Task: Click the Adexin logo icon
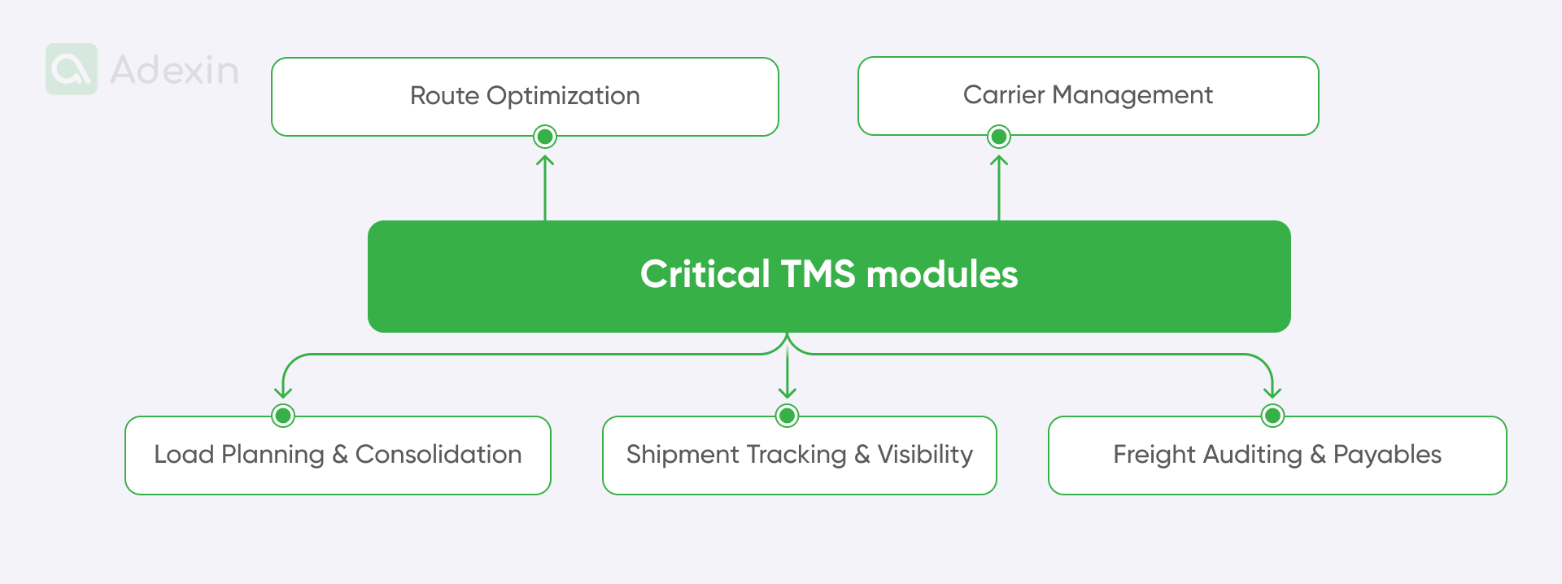pos(72,69)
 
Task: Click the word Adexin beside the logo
pos(174,70)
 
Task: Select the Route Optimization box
pos(525,96)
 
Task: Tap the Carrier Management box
pos(1088,95)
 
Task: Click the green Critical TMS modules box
pos(829,276)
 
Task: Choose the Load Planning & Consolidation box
pos(338,455)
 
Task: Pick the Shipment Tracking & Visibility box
pos(799,455)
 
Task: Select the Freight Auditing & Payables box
pos(1277,455)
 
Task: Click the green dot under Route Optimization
pos(545,137)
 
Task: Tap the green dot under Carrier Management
pos(999,137)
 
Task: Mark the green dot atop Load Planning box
pos(283,416)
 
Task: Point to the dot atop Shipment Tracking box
pos(787,416)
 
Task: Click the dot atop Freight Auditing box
pos(1272,416)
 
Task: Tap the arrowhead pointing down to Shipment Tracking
pos(787,392)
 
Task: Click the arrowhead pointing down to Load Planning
pos(283,392)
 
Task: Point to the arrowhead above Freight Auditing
pos(1272,392)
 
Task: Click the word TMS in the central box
pos(818,274)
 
